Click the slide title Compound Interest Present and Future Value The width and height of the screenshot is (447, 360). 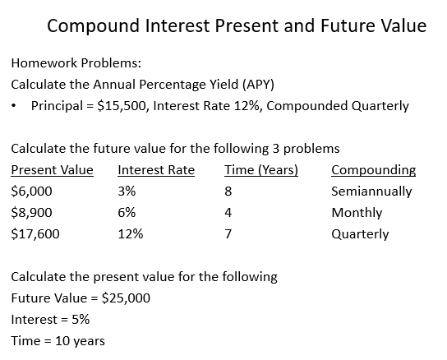pyautogui.click(x=237, y=25)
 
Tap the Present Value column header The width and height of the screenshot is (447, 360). pyautogui.click(x=52, y=170)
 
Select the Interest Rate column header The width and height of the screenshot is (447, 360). pyautogui.click(x=156, y=170)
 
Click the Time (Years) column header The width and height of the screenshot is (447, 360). pyautogui.click(x=260, y=170)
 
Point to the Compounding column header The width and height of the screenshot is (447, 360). pyautogui.click(x=373, y=170)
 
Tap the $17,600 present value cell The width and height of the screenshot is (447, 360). pyautogui.click(x=35, y=233)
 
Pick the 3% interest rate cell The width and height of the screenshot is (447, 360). pyautogui.click(x=127, y=192)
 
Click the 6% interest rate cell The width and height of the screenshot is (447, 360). pyautogui.click(x=127, y=212)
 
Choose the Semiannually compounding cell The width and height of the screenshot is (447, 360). pyautogui.click(x=371, y=192)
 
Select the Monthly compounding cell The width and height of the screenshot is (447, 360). pyautogui.click(x=357, y=212)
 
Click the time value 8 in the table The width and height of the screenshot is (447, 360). pyautogui.click(x=228, y=192)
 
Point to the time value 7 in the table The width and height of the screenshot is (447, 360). pyautogui.click(x=228, y=233)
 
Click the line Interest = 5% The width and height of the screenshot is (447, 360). pyautogui.click(x=50, y=319)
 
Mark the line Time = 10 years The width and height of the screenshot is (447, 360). pyautogui.click(x=58, y=340)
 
